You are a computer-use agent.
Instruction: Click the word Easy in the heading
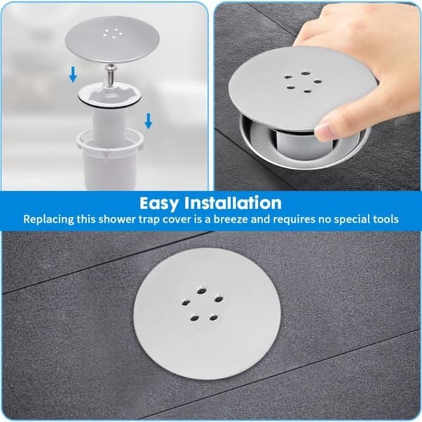158,203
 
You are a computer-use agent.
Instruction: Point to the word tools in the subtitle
385,219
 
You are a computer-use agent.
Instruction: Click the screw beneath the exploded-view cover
110,75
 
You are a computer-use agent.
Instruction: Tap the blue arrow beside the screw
73,75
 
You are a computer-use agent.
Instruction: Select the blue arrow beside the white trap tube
148,121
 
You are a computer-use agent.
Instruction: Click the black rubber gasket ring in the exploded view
109,103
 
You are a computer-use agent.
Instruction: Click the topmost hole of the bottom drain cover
201,291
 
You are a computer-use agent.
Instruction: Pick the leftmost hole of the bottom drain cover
186,302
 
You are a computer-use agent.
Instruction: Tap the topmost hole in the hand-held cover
305,73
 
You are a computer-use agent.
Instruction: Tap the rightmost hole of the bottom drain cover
219,299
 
